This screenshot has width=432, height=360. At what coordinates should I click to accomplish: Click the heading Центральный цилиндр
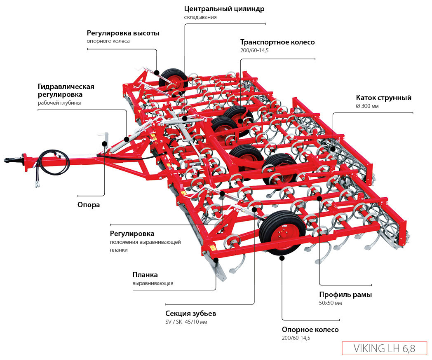click(224, 9)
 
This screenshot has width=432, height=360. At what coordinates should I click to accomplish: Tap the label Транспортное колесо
click(277, 42)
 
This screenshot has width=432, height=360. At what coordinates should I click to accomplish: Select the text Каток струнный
click(384, 98)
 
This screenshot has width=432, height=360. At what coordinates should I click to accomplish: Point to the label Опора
click(89, 205)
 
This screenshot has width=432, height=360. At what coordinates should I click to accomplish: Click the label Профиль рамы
click(345, 295)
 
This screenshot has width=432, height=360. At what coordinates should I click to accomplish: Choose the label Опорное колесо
click(310, 330)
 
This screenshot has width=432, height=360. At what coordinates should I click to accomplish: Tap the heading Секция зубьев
click(190, 313)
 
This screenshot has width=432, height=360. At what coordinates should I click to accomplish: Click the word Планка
click(145, 275)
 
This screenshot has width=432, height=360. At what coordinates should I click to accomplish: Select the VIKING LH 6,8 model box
click(384, 348)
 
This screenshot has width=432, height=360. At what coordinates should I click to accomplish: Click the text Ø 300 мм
click(367, 106)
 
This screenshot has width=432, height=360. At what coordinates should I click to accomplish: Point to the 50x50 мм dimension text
click(331, 303)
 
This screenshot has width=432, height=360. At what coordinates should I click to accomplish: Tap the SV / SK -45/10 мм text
click(186, 322)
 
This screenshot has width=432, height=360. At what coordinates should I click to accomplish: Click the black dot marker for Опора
click(105, 144)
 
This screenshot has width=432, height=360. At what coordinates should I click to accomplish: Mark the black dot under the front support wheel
click(282, 258)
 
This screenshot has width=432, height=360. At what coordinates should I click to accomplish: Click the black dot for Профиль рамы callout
click(320, 198)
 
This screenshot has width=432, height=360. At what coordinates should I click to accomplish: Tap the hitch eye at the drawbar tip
click(9, 159)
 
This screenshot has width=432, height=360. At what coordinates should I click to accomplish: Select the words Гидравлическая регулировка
click(66, 91)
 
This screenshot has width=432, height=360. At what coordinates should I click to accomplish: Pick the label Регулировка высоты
click(123, 33)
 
